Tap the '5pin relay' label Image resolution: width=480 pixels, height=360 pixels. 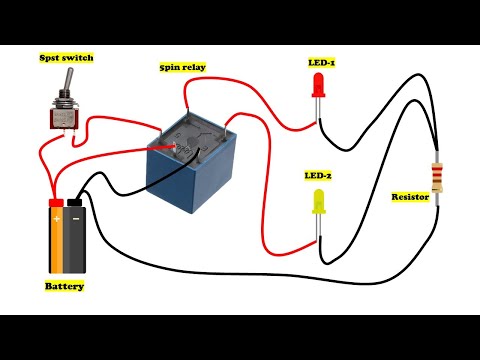pyautogui.click(x=183, y=68)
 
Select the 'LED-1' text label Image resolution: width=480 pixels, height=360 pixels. pyautogui.click(x=321, y=62)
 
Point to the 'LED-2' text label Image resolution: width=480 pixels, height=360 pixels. pyautogui.click(x=319, y=175)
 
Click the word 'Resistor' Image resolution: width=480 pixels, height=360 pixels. pyautogui.click(x=410, y=197)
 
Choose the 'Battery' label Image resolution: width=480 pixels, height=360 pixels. pyautogui.click(x=64, y=286)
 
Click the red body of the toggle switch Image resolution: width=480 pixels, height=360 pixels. pyautogui.click(x=65, y=119)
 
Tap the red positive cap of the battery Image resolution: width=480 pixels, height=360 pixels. pyautogui.click(x=56, y=204)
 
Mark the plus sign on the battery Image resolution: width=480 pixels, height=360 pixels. pyautogui.click(x=57, y=217)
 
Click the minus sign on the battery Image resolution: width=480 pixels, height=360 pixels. pyautogui.click(x=76, y=217)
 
